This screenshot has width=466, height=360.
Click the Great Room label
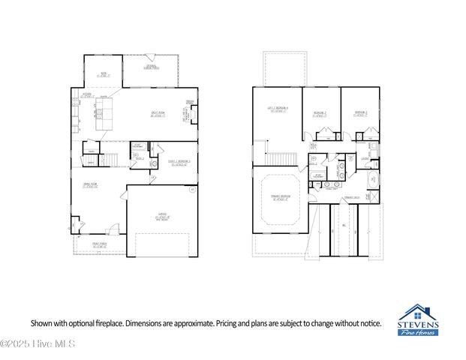pyautogui.click(x=158, y=115)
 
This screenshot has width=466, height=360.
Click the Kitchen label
pyautogui.click(x=87, y=94)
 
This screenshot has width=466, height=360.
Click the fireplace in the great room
pyautogui.click(x=194, y=114)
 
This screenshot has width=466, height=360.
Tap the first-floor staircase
pyautogui.click(x=110, y=158)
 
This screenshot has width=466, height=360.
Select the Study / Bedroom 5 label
pyautogui.click(x=179, y=162)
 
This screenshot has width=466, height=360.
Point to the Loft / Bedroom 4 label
pyautogui.click(x=278, y=109)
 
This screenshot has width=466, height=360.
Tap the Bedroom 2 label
pyautogui.click(x=320, y=114)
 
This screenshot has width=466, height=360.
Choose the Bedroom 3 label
pyautogui.click(x=361, y=114)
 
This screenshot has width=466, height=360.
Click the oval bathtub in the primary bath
pyautogui.click(x=372, y=180)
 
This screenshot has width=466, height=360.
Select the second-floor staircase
pyautogui.click(x=282, y=158)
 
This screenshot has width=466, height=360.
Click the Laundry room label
pyautogui.click(x=365, y=158)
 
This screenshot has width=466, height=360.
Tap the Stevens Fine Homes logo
pyautogui.click(x=419, y=320)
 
